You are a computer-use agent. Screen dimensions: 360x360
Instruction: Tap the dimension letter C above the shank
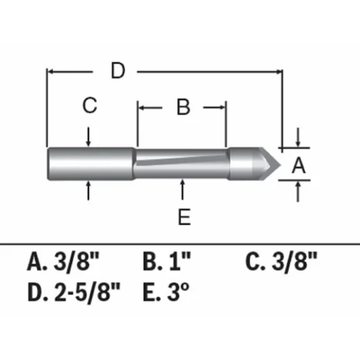[x=89, y=106]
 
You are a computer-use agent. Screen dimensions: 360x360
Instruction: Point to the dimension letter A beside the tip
[x=298, y=165]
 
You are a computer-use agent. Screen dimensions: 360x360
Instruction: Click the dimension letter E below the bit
[x=183, y=217]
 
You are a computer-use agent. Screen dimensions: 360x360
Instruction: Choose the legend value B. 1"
[x=167, y=262]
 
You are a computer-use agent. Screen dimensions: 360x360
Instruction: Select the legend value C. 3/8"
[x=282, y=262]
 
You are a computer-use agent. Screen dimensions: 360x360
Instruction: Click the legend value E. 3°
[x=165, y=293]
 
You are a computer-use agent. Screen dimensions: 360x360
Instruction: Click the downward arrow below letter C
[x=89, y=140]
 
